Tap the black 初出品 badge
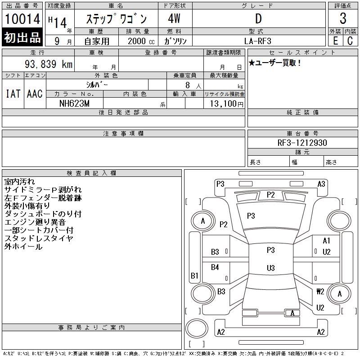point(22,38)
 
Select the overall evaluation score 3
point(343,19)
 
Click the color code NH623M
point(75,103)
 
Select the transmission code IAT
point(13,94)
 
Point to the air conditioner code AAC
point(35,94)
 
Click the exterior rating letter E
point(335,40)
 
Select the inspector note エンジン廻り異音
point(35,222)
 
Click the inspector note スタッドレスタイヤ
point(39,238)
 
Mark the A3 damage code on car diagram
point(321,184)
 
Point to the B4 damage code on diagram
point(215,267)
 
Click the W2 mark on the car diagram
point(320,291)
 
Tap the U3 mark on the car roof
point(270,268)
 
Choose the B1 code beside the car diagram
point(194,275)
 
